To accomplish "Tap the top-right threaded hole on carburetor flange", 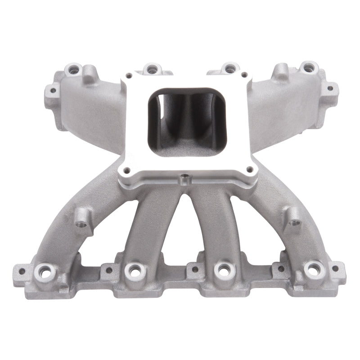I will pyautogui.click(x=243, y=75).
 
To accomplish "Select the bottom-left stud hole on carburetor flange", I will pyautogui.click(x=126, y=170).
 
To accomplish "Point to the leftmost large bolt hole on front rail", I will pyautogui.click(x=46, y=271).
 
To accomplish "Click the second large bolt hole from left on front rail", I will pyautogui.click(x=134, y=270).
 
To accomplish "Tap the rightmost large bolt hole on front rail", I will pyautogui.click(x=313, y=269).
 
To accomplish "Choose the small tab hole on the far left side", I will pyautogui.click(x=53, y=90).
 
